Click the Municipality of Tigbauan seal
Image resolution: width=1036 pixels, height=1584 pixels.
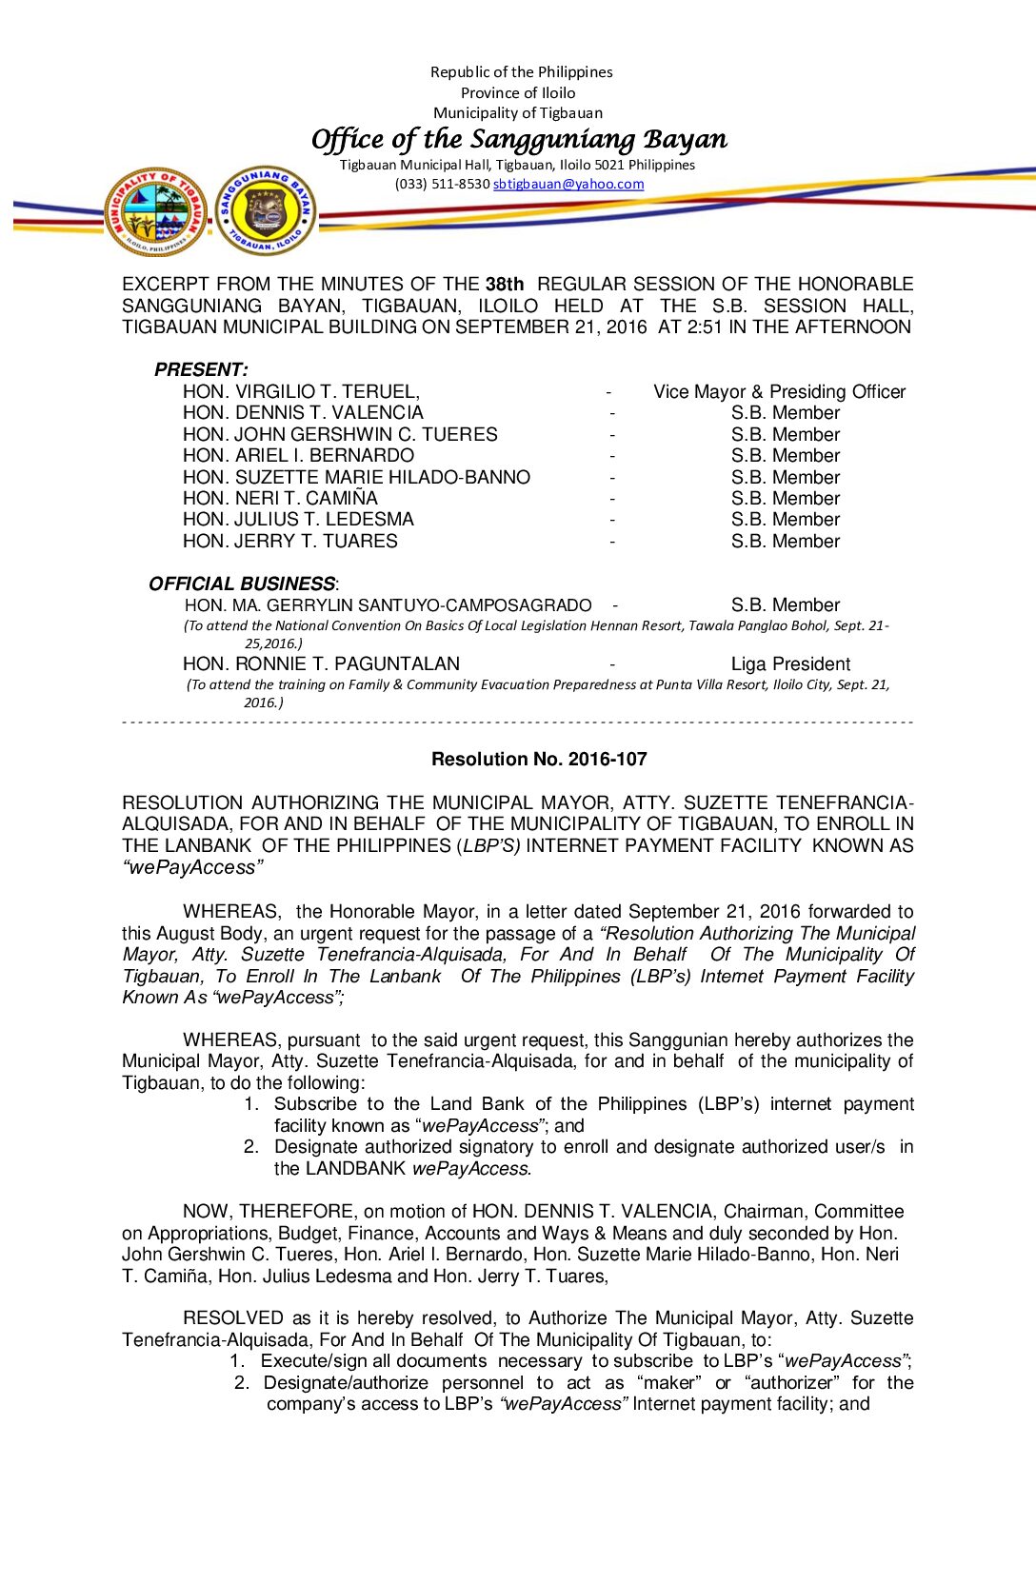[156, 211]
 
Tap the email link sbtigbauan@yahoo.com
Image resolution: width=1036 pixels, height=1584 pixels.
[568, 184]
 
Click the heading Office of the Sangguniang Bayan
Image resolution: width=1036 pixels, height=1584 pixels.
[519, 140]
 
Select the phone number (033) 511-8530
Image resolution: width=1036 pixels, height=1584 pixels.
[442, 184]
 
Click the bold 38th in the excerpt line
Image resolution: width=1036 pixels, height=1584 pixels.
[505, 284]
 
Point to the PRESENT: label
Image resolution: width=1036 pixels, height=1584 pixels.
[201, 369]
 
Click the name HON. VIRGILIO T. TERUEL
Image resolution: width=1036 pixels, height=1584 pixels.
[301, 391]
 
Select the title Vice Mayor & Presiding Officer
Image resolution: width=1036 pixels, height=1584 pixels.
[779, 391]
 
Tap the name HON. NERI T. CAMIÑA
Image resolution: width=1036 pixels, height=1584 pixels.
[280, 498]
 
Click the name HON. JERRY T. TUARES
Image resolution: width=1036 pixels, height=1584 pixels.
[290, 541]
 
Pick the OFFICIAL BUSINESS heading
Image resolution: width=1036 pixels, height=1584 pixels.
[242, 584]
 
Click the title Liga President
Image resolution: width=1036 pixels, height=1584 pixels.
[790, 663]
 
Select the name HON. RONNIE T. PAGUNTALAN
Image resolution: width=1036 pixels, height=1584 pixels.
[321, 663]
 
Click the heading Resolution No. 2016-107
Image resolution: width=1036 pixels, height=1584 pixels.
[539, 759]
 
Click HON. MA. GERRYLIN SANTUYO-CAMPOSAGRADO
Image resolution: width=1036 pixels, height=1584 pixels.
[388, 605]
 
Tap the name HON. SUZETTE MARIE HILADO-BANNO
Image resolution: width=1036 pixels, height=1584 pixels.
[356, 477]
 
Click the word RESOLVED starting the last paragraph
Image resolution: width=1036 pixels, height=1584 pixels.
[233, 1317]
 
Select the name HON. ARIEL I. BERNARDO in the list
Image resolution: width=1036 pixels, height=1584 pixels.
[298, 455]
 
